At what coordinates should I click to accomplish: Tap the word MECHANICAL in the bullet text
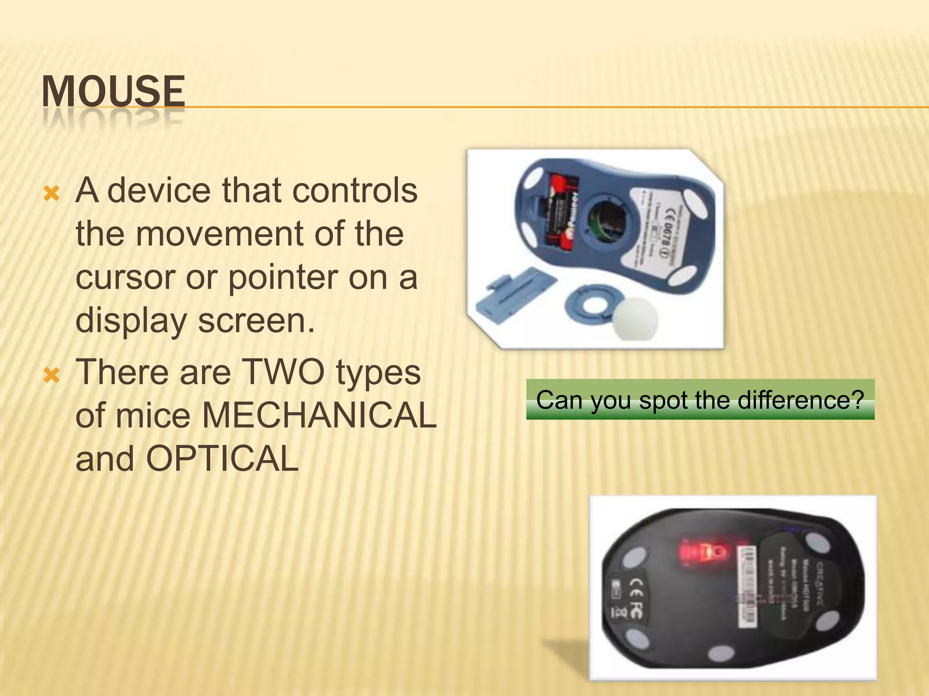click(319, 415)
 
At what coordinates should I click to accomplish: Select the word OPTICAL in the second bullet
click(222, 459)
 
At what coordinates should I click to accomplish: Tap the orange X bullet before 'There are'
click(51, 376)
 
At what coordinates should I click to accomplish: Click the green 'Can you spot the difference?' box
click(700, 399)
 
